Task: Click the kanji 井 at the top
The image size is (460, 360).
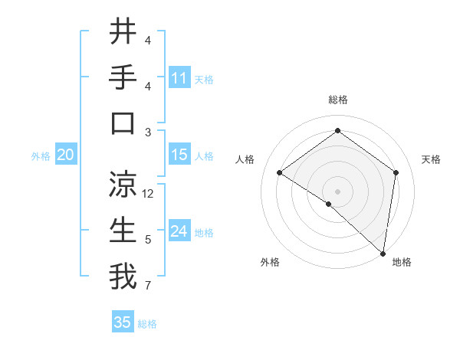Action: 123,32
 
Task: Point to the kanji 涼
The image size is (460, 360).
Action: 123,184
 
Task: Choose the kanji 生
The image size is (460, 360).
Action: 123,230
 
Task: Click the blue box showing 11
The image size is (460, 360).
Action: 179,78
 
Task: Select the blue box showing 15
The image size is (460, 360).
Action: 179,155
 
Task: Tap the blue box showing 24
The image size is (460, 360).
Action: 179,231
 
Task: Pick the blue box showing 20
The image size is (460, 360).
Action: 65,155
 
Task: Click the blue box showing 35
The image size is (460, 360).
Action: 123,322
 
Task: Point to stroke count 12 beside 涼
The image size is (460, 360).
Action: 149,194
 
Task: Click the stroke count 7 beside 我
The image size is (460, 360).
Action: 148,286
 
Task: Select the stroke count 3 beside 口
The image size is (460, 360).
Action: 148,132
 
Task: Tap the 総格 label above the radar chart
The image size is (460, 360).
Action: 337,100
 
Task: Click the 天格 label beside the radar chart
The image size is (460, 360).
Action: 432,159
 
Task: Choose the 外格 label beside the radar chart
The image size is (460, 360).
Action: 270,263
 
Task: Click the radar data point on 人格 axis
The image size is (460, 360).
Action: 280,173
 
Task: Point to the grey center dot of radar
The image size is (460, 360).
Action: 337,190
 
